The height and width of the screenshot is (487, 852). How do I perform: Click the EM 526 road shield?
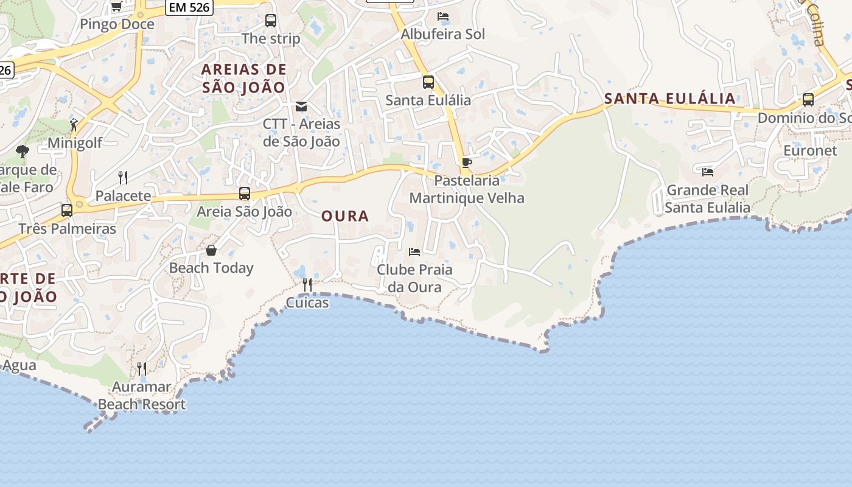tap(189, 7)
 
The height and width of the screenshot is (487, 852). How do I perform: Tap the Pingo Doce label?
tap(117, 24)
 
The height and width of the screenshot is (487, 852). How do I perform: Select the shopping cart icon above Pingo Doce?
tap(116, 6)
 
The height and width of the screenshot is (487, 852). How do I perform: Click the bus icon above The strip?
tap(271, 21)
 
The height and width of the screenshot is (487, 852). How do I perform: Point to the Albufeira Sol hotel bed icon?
tap(443, 16)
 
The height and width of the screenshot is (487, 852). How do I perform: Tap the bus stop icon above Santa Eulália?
tap(428, 82)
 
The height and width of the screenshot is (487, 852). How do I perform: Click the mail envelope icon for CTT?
tap(301, 107)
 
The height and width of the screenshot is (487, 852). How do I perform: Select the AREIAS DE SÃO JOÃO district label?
tap(243, 78)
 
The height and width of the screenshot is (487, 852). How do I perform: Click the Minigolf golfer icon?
tap(74, 125)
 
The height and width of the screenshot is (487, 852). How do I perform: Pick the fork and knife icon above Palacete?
tap(123, 178)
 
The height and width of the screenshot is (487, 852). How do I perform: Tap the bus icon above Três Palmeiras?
tap(67, 211)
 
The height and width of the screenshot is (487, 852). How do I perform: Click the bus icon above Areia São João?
tap(245, 194)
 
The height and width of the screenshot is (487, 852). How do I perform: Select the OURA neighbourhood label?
tap(345, 216)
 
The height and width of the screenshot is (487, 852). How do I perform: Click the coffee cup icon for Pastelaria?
tap(467, 163)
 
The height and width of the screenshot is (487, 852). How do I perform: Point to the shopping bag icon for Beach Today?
tap(211, 250)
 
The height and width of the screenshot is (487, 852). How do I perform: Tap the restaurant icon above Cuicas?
tap(307, 285)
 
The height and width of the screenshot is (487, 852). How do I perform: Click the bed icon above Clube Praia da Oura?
tap(414, 251)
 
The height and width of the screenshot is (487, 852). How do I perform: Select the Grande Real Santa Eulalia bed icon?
tap(708, 172)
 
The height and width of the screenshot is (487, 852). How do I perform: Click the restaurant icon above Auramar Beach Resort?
tap(142, 368)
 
